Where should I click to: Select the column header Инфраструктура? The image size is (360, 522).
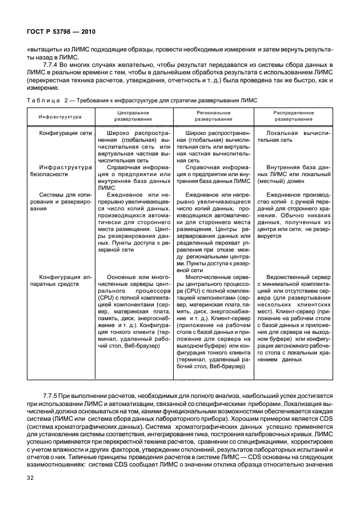[60, 117]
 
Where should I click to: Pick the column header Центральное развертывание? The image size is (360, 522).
[133, 117]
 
